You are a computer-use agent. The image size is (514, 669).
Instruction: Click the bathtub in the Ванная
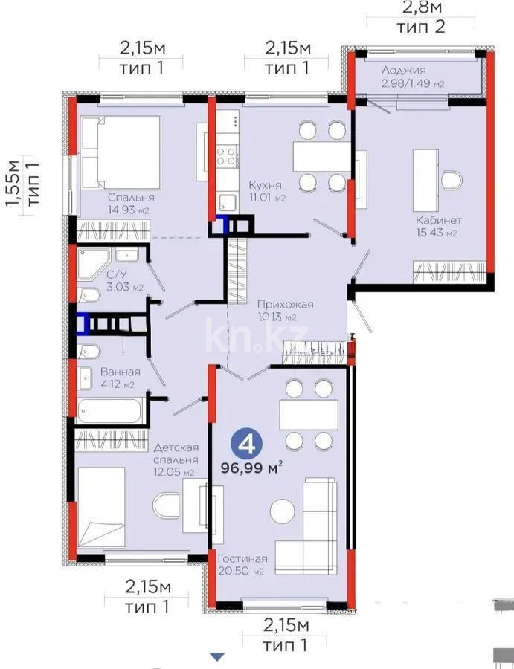coord(110,411)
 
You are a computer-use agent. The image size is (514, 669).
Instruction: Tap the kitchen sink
coord(227,201)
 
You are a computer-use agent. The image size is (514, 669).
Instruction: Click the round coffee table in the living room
coord(282,511)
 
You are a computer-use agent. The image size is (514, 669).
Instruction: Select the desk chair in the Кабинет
coord(451,180)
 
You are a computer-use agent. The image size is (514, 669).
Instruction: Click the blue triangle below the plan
coord(216,656)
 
